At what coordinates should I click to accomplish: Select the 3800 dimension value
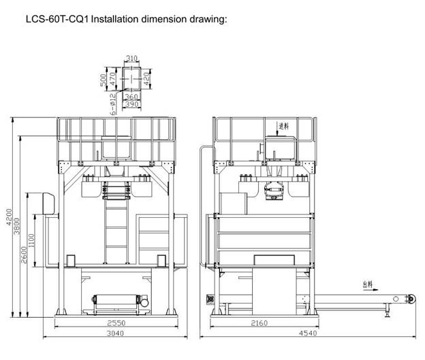click(x=18, y=226)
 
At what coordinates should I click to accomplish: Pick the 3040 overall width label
click(x=114, y=334)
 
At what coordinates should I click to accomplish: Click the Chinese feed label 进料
click(x=284, y=126)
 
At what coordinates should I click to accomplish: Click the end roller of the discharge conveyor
click(x=411, y=299)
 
